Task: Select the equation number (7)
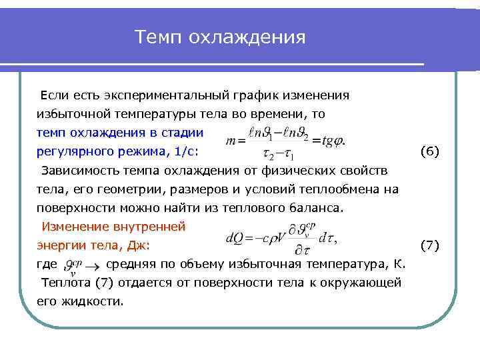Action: (x=429, y=245)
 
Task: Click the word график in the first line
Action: (x=259, y=95)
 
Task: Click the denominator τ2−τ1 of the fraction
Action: (x=278, y=156)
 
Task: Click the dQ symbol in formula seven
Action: (x=235, y=237)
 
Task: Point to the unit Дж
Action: (x=138, y=245)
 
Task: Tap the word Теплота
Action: (x=65, y=283)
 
